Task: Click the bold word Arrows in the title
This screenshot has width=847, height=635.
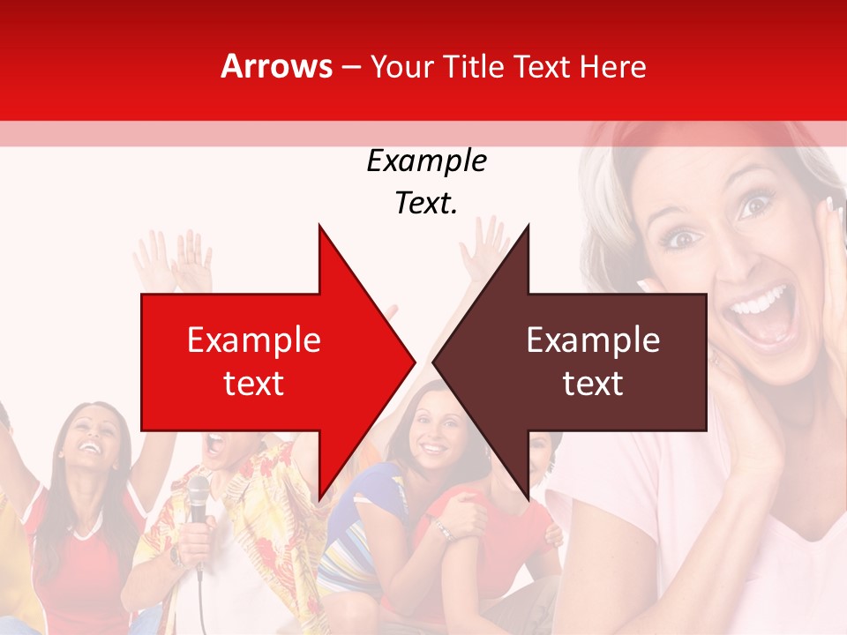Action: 277,66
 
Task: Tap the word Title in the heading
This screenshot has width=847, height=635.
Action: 475,66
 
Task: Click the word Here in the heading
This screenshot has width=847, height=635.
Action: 612,66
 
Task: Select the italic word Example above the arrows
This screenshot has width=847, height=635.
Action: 426,161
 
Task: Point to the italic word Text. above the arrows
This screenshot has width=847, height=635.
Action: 426,203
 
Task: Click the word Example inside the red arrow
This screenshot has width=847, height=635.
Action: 254,340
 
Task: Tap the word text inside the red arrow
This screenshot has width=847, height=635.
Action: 254,384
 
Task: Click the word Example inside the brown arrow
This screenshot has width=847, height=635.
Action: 593,340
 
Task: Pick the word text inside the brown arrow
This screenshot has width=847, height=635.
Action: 593,384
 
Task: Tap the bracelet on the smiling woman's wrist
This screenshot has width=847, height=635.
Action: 441,529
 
